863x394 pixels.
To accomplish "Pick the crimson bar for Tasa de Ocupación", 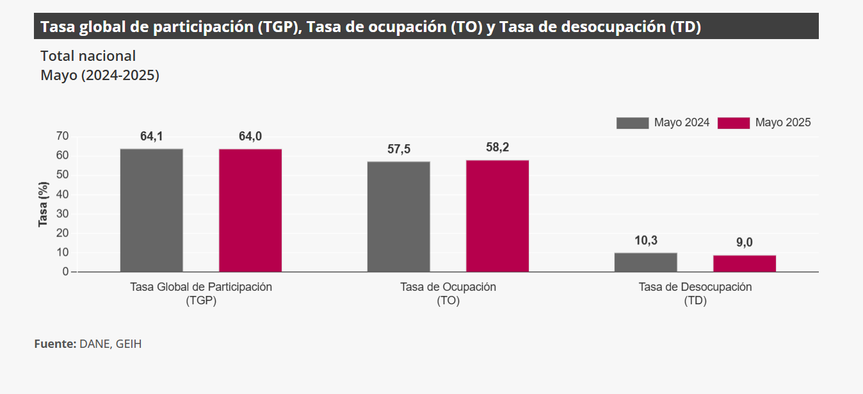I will [x=497, y=216].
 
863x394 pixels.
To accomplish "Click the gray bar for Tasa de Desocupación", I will [x=645, y=262].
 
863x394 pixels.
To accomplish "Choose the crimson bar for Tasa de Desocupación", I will [x=745, y=263].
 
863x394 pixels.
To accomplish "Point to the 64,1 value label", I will [x=152, y=136].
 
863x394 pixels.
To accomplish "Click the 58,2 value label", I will [x=497, y=147].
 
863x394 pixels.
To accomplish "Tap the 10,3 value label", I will [x=646, y=241].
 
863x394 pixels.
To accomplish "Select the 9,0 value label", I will [x=745, y=243].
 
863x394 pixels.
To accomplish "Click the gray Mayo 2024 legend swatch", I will [x=632, y=123].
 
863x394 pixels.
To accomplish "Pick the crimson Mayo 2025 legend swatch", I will [x=733, y=123].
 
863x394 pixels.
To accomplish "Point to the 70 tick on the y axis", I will [x=62, y=136].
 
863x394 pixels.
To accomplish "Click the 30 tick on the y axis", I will [x=62, y=213].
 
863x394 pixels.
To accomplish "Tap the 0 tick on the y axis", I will [x=65, y=272].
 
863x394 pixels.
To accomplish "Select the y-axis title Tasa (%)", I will [x=44, y=204].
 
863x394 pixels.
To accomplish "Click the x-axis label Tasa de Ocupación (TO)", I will [x=448, y=293].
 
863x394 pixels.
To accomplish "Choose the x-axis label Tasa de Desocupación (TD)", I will [x=695, y=293].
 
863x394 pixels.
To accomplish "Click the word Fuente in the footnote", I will [x=55, y=344].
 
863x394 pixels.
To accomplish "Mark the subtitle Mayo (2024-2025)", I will [x=100, y=75].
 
